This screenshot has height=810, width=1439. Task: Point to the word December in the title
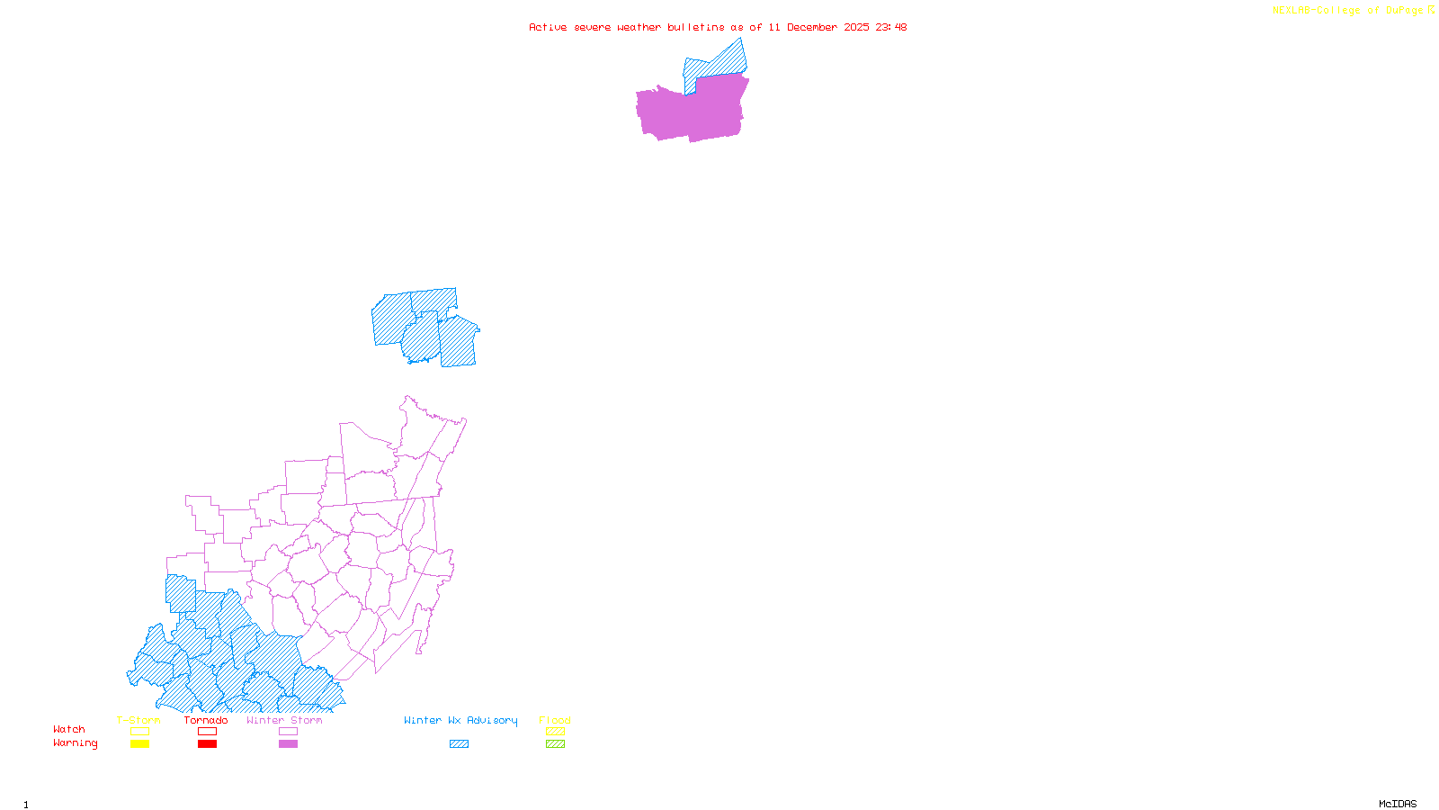tap(812, 27)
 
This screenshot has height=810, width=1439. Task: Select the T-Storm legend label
tap(139, 720)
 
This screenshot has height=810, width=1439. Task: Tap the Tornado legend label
tap(206, 720)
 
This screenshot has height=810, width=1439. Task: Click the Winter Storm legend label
tap(284, 720)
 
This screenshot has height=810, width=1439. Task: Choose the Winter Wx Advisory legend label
tap(460, 720)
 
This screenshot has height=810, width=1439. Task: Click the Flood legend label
tap(555, 720)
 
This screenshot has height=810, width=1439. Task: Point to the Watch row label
tap(69, 729)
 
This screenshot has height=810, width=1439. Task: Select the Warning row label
tap(76, 743)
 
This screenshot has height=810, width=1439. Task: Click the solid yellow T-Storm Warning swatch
tap(139, 744)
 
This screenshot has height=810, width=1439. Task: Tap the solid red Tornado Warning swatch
tap(207, 744)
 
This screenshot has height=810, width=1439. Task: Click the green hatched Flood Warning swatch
tap(555, 744)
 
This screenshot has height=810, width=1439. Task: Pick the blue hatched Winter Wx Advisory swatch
tap(459, 744)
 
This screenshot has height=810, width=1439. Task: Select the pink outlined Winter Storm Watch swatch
tap(288, 732)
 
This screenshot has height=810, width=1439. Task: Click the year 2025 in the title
tap(856, 27)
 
